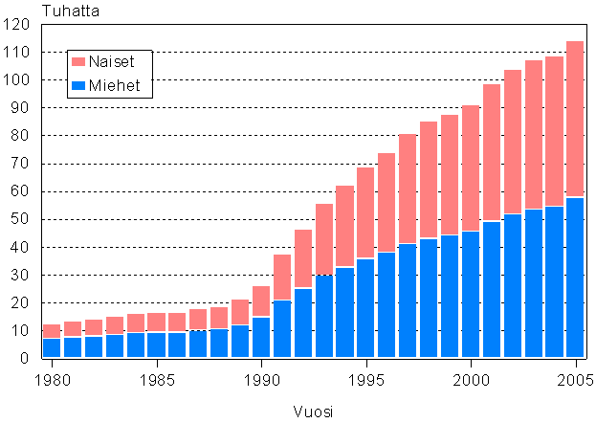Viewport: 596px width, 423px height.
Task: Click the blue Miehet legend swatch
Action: click(79, 86)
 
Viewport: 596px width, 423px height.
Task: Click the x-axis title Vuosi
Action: click(312, 411)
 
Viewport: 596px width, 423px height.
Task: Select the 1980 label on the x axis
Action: click(53, 380)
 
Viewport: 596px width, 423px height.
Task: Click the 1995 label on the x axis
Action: click(365, 380)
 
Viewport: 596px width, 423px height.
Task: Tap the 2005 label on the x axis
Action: click(574, 380)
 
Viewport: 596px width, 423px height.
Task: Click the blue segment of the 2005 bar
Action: click(574, 278)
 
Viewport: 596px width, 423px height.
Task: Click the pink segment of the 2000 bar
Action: click(470, 167)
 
